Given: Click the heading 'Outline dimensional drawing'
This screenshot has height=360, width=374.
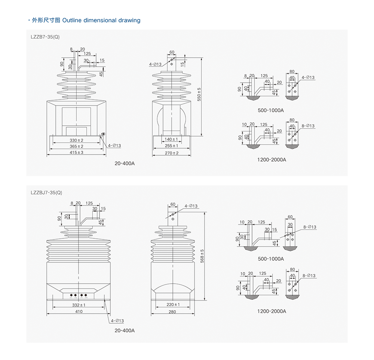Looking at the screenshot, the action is pos(101,20).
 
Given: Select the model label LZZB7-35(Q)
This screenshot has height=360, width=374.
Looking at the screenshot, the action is pos(45,37).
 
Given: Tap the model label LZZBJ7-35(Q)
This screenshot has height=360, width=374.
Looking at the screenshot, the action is pos(46,193).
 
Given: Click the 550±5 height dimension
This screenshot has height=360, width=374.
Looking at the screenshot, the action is pos(199,94).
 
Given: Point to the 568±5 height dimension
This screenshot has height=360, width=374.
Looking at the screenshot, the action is pos(202,256).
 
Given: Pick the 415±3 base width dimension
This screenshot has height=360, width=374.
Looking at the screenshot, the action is pos(77,153).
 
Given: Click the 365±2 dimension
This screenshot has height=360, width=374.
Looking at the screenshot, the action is pos(77,146).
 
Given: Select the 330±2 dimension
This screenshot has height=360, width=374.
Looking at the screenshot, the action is pos(77,140).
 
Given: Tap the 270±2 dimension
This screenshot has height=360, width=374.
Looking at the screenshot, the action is pos(172,153).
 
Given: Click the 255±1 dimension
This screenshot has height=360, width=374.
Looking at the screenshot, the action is pos(172,146).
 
